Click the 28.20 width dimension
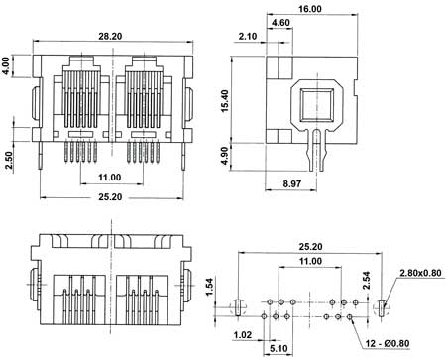tap(110, 36)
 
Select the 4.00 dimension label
tap(6, 66)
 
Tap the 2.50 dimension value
tap(8, 160)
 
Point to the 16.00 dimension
tap(310, 9)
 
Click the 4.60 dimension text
tap(280, 23)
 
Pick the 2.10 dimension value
tap(248, 36)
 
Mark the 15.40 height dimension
tap(225, 101)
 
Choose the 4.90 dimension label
tap(225, 156)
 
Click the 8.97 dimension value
tap(292, 183)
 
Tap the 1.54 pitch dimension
tap(209, 288)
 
